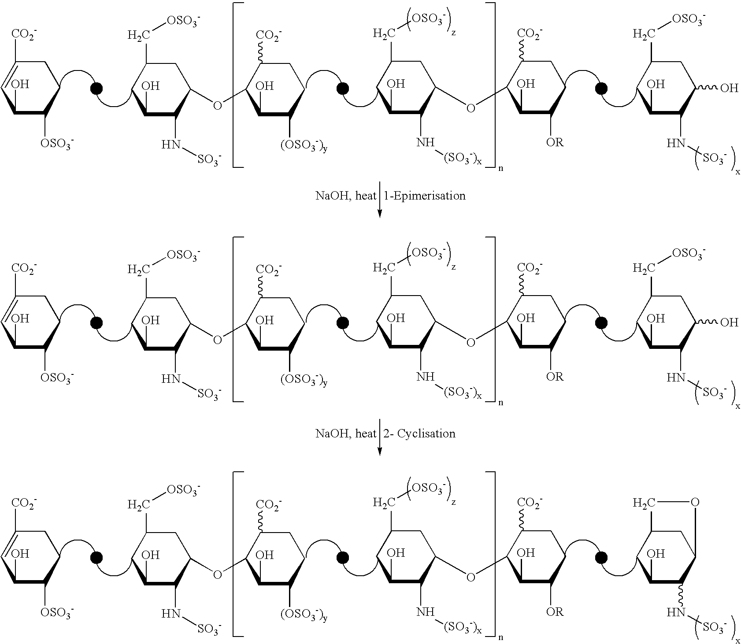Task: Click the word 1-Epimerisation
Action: pyautogui.click(x=425, y=196)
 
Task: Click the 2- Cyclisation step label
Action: pyautogui.click(x=419, y=433)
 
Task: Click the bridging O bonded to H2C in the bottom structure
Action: pyautogui.click(x=695, y=502)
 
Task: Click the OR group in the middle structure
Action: pyautogui.click(x=555, y=377)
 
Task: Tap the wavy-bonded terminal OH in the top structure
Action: pyautogui.click(x=729, y=88)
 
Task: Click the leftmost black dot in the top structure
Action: pyautogui.click(x=96, y=89)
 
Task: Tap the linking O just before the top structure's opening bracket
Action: pyautogui.click(x=217, y=106)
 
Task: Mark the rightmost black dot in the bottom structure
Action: pyautogui.click(x=600, y=558)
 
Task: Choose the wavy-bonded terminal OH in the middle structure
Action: pyautogui.click(x=729, y=322)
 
